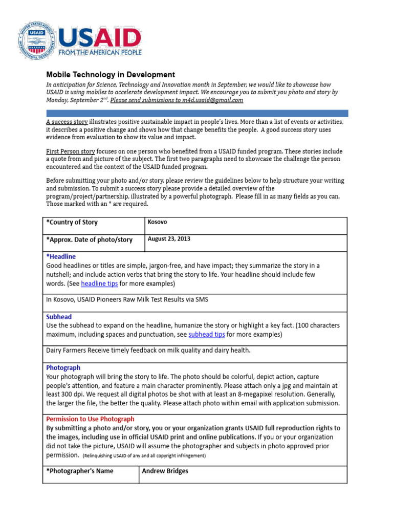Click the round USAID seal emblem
point(37,39)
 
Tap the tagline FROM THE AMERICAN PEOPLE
point(100,52)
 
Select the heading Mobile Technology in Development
point(111,75)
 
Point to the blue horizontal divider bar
point(197,113)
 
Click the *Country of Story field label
point(72,223)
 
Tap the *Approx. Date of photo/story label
point(89,239)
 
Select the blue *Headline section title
point(61,256)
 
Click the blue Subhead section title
point(59,317)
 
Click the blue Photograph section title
point(63,367)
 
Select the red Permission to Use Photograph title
point(90,419)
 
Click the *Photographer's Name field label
point(80,471)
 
